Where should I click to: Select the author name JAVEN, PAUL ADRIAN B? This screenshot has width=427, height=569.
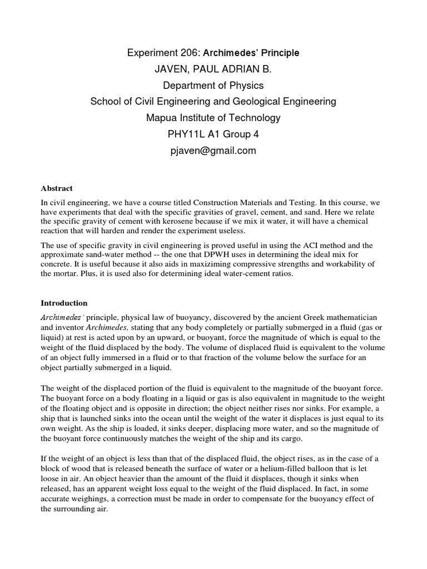(x=213, y=69)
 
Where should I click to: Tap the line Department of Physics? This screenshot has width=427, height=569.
(x=213, y=86)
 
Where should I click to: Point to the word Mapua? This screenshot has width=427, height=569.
(x=161, y=118)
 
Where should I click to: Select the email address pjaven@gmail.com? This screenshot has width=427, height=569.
(x=213, y=151)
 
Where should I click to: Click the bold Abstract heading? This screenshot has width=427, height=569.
(x=57, y=188)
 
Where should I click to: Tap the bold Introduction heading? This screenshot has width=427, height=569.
(x=64, y=303)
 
